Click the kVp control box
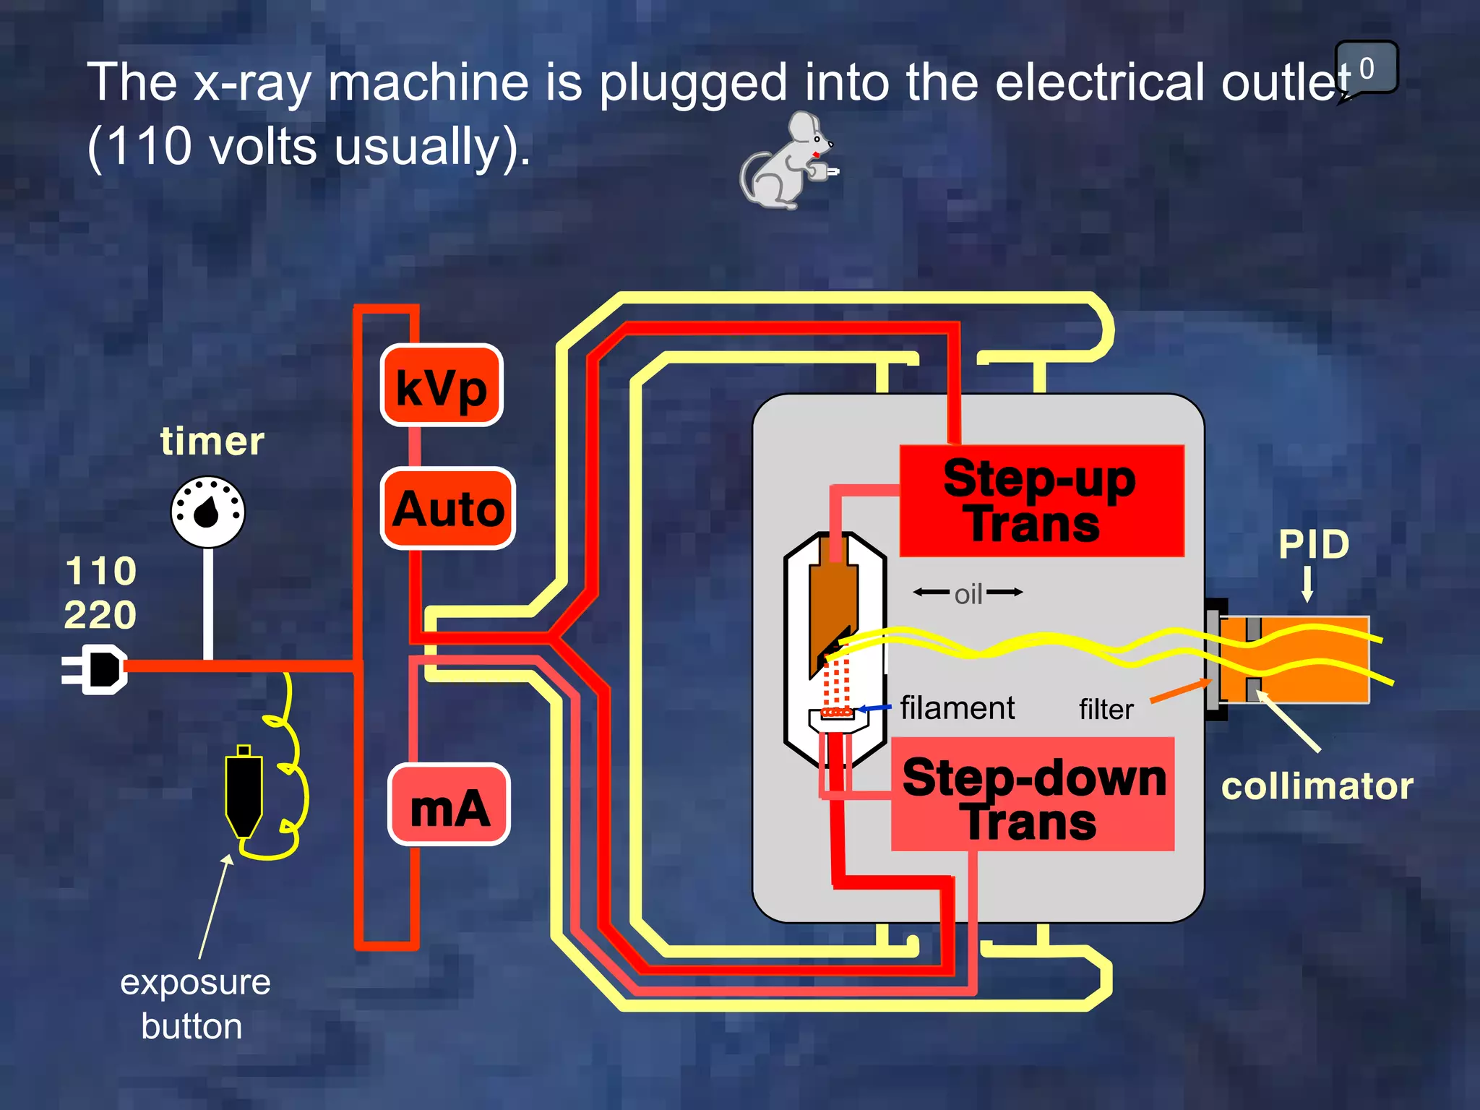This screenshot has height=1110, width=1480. (442, 385)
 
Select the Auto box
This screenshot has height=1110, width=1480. (448, 509)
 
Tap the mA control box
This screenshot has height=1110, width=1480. (449, 804)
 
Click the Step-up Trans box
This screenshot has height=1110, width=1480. (1041, 501)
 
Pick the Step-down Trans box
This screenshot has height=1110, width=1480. (1033, 795)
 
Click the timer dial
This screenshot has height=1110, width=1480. (207, 512)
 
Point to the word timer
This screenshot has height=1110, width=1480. (212, 442)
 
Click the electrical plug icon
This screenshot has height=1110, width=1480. (98, 670)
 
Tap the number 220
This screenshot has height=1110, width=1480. (100, 615)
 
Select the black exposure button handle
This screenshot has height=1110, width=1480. (244, 791)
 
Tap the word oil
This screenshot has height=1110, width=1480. (968, 594)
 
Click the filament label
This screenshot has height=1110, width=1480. (957, 707)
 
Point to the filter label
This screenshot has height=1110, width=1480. (1106, 709)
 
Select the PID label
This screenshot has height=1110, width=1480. (1313, 544)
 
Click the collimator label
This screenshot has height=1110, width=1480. (1317, 786)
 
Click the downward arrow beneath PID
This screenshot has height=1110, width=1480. (1307, 584)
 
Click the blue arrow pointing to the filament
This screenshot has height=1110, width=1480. (874, 708)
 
